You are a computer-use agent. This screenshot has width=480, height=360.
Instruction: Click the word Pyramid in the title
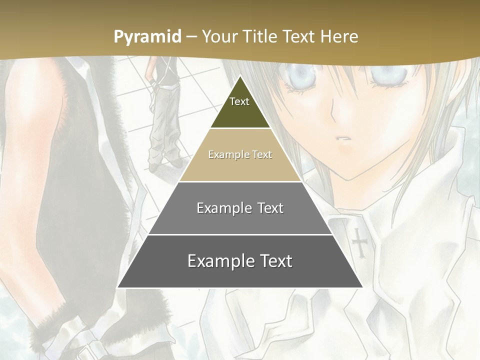click(147, 36)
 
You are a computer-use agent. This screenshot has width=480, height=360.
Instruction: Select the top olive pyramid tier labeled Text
click(240, 107)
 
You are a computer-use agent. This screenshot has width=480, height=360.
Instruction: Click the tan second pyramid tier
click(240, 155)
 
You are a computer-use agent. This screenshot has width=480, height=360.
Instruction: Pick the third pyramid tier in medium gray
click(240, 208)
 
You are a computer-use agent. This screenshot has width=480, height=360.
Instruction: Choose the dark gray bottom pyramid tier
click(240, 261)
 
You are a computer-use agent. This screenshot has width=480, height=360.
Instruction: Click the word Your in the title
click(220, 36)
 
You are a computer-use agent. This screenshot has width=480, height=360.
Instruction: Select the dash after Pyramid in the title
click(191, 36)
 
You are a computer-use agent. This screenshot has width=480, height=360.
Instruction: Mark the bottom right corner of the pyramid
click(362, 287)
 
